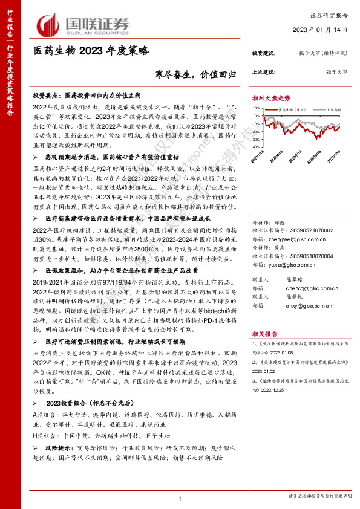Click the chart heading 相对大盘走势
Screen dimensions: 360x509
pos(271,98)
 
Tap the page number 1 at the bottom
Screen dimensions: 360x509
pos(180,498)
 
